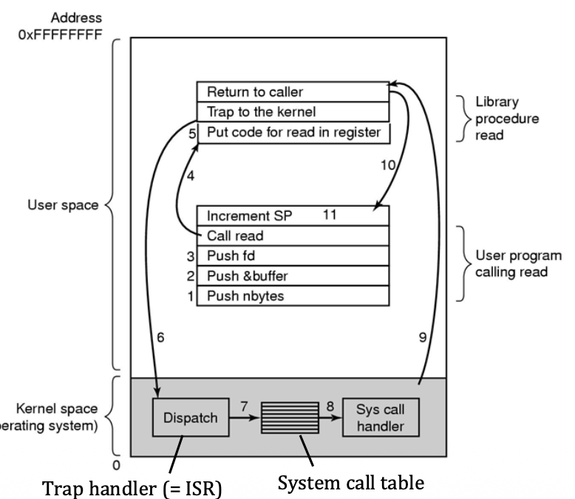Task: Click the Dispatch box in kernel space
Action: click(x=191, y=417)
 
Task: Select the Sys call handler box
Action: click(x=380, y=417)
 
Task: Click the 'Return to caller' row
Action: click(x=292, y=92)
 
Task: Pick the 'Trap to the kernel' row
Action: click(x=292, y=112)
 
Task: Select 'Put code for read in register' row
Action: click(x=292, y=133)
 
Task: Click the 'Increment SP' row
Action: click(x=292, y=216)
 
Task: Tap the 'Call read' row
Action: click(x=292, y=236)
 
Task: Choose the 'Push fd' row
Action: click(x=292, y=256)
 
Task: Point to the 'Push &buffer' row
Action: click(x=292, y=276)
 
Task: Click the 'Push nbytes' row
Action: click(x=292, y=295)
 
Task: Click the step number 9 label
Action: click(x=422, y=337)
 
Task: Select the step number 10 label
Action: click(x=387, y=165)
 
